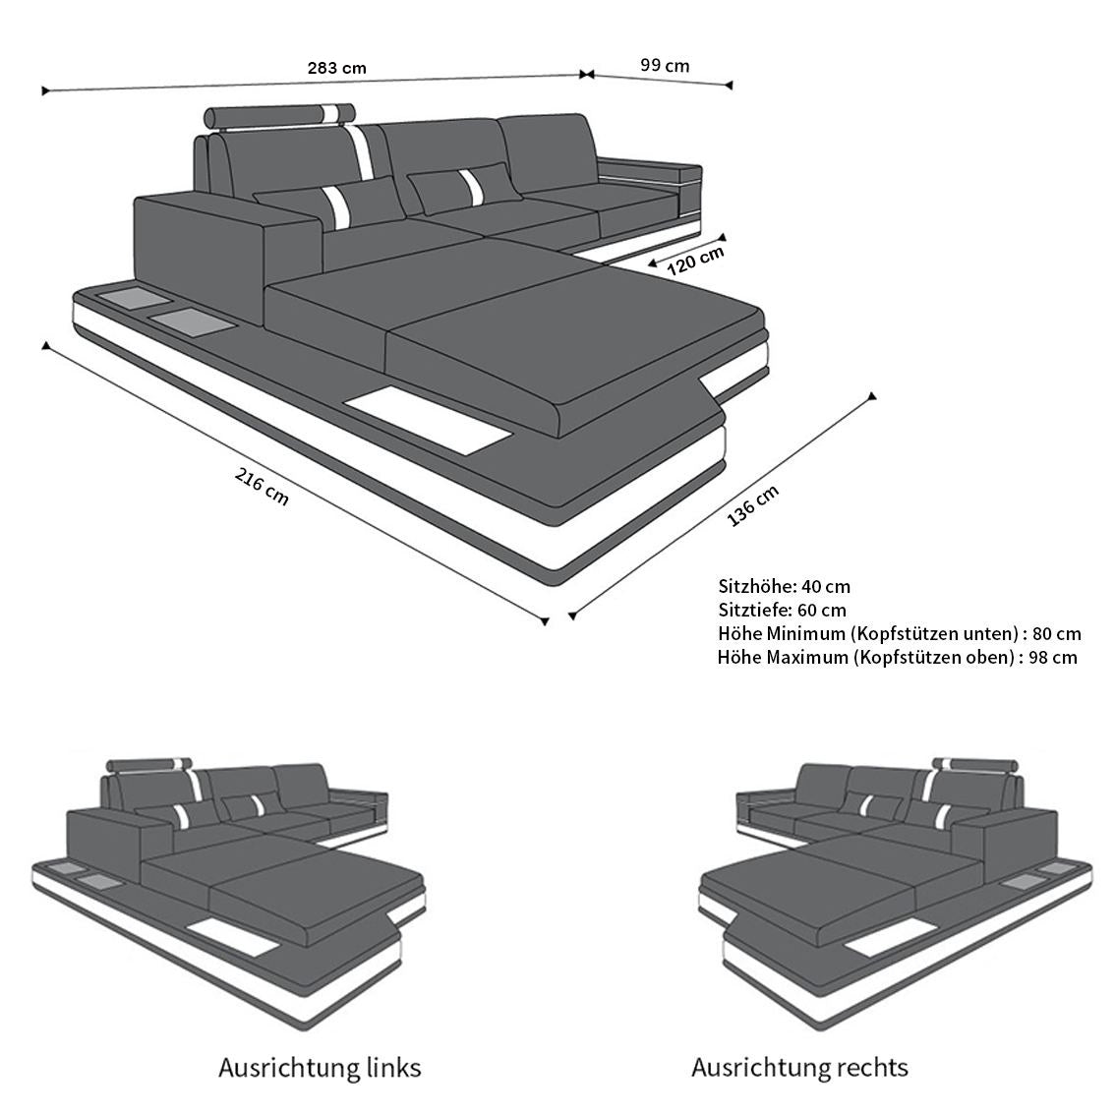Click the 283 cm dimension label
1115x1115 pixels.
click(336, 68)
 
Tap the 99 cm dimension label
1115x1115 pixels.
click(664, 66)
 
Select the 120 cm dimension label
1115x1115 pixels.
click(695, 261)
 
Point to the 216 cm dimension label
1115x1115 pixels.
click(262, 487)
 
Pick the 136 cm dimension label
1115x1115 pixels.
click(752, 505)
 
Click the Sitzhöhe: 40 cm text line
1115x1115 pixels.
click(784, 587)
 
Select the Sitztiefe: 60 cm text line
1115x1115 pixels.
click(783, 611)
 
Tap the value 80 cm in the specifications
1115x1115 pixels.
click(1057, 633)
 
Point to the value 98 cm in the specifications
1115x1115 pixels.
click(1053, 657)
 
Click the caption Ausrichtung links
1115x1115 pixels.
click(320, 1068)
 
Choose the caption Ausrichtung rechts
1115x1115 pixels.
click(799, 1068)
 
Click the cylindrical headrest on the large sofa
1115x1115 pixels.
click(279, 115)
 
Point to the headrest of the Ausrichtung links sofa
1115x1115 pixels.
click(150, 765)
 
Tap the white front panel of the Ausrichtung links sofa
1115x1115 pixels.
click(234, 937)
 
